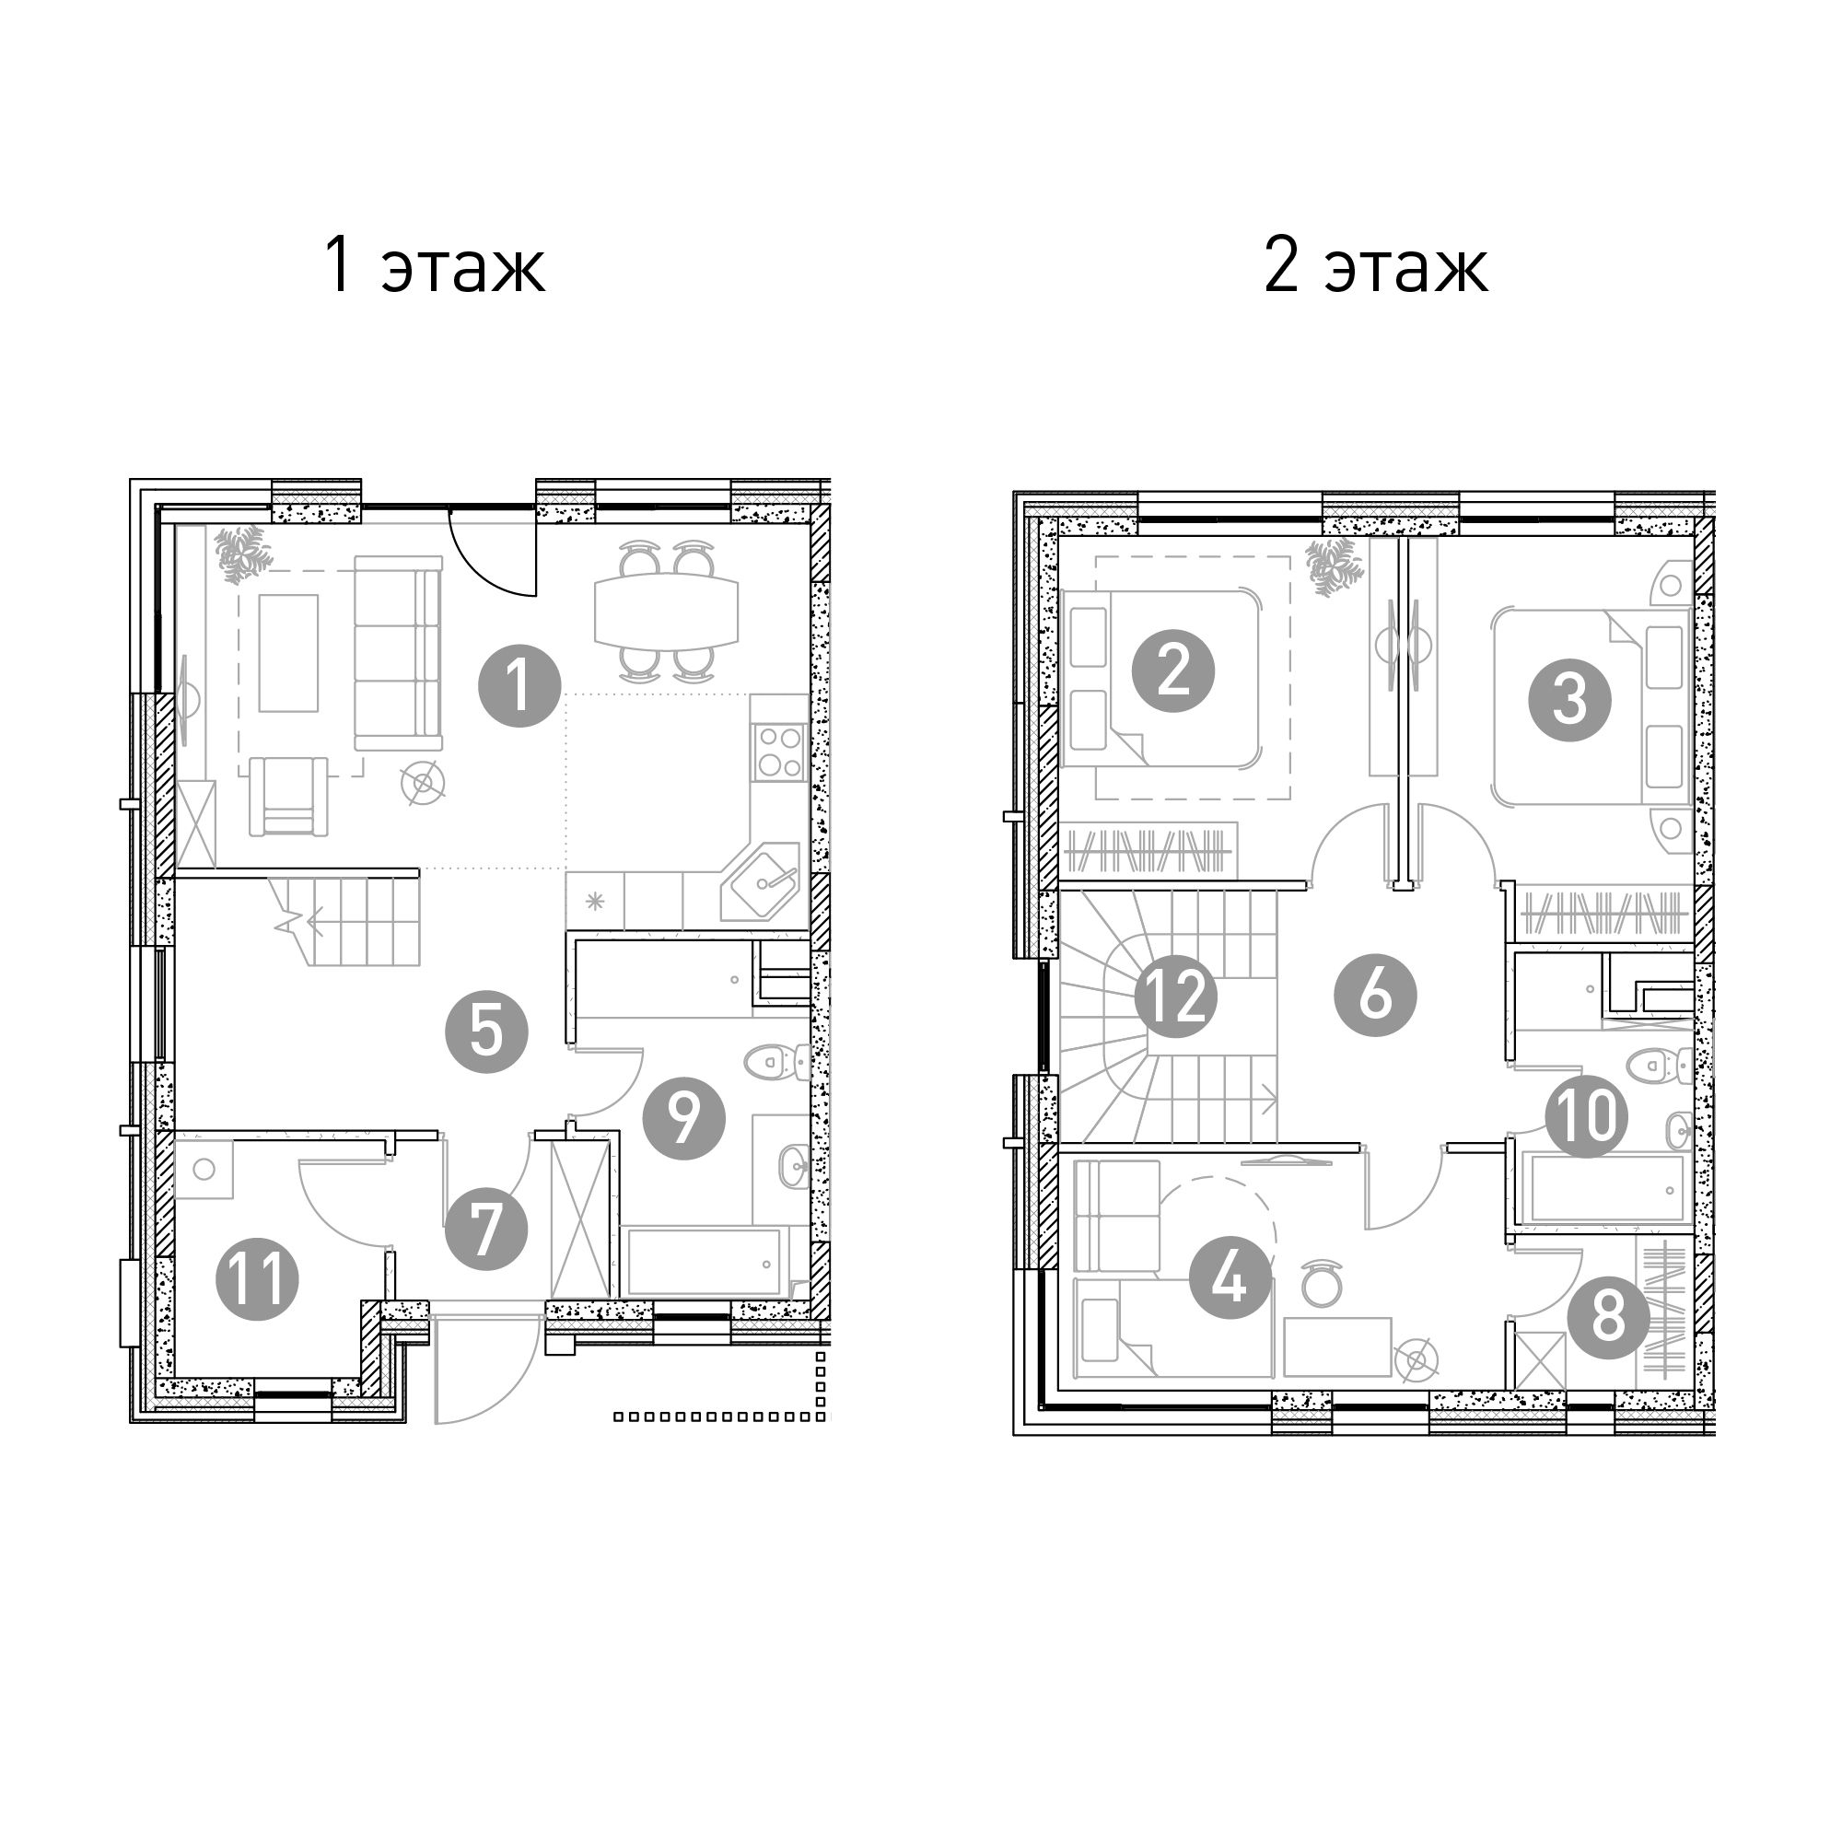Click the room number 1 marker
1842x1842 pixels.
[519, 685]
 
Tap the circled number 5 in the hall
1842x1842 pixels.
[486, 1032]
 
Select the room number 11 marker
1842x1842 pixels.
[258, 1278]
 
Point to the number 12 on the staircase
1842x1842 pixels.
[1175, 998]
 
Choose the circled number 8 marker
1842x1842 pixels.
[1608, 1319]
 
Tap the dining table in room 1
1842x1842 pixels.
[667, 612]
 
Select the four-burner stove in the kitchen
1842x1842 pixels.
[780, 752]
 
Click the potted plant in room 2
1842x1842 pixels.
[1331, 568]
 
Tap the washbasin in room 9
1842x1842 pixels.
[793, 1165]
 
